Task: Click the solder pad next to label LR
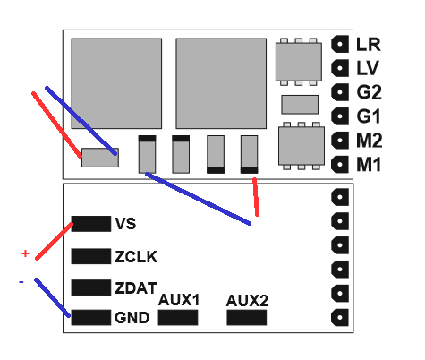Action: coord(340,44)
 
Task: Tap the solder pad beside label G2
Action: coord(340,92)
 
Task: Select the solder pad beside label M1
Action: coord(340,164)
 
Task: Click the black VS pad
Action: coord(91,224)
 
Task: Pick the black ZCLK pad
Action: coord(91,256)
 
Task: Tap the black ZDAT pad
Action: coord(91,287)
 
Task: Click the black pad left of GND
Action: coord(91,317)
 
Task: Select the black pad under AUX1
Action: coord(178,317)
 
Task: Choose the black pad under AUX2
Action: coord(247,317)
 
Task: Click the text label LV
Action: coord(368,68)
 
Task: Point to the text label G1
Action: coord(369,116)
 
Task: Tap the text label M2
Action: coord(370,141)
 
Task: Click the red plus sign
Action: coord(25,253)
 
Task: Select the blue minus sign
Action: coord(21,282)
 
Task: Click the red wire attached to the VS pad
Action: coord(55,241)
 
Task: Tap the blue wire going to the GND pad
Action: coord(53,297)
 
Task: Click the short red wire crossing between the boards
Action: coord(256,197)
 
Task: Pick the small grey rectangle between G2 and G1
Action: coord(300,105)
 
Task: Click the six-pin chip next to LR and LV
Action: coord(299,62)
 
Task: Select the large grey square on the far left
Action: coord(116,83)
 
